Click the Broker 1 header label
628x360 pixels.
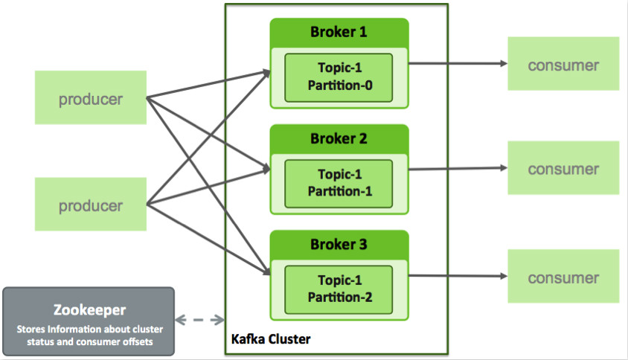(339, 33)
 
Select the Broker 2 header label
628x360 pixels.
(339, 138)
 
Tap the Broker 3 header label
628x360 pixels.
(339, 244)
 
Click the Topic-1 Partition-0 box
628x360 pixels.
(339, 75)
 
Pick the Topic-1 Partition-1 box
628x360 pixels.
(339, 181)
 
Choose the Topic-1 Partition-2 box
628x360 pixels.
(339, 288)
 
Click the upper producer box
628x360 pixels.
(90, 98)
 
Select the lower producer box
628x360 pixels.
(90, 205)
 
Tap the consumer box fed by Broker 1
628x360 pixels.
(563, 65)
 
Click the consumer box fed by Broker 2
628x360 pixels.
(563, 169)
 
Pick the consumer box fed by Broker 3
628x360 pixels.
(563, 277)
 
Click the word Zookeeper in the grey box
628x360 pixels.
(89, 309)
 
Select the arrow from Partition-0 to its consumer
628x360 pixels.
(457, 64)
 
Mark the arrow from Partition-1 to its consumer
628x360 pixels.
(457, 169)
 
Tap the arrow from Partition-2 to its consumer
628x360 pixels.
(457, 277)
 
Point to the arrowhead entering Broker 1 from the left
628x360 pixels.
(266, 72)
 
